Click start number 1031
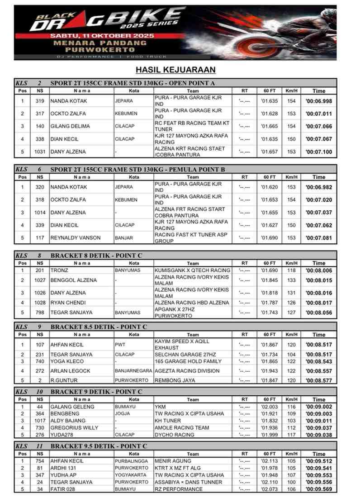click(x=40, y=152)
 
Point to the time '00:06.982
click(x=318, y=187)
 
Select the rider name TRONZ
click(x=59, y=270)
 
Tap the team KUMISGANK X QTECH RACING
click(x=192, y=270)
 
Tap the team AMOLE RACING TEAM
click(x=182, y=428)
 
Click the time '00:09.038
click(x=318, y=435)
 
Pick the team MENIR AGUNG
click(x=173, y=461)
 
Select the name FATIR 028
click(x=63, y=489)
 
